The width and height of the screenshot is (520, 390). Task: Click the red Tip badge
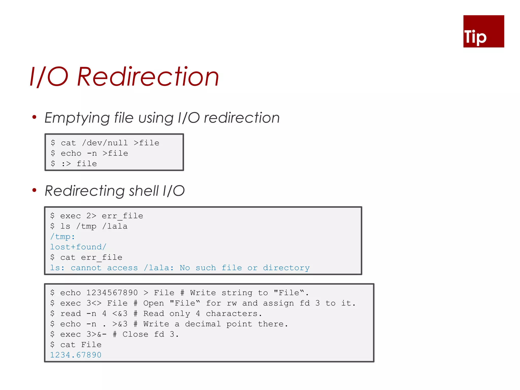483,31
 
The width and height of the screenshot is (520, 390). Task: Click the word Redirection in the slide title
148,77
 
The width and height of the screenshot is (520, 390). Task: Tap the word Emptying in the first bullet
77,118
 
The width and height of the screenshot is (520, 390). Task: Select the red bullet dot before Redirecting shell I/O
34,190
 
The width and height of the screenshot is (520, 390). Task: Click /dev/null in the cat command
105,143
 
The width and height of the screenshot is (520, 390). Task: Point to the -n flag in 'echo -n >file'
92,153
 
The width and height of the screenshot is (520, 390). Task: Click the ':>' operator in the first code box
66,164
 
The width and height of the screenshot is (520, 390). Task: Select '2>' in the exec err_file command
91,216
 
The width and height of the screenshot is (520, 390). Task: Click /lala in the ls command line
115,226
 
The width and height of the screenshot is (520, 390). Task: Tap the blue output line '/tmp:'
62,237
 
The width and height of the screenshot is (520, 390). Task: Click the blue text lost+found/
78,247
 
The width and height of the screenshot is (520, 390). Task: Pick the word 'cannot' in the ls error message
86,268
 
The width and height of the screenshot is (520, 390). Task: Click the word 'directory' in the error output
286,268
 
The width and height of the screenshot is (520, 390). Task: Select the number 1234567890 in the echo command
112,293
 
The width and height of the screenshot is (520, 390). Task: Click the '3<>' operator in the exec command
94,303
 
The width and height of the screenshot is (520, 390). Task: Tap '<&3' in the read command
120,314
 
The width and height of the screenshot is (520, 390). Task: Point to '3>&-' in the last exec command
96,334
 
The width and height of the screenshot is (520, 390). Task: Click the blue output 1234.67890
76,355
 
